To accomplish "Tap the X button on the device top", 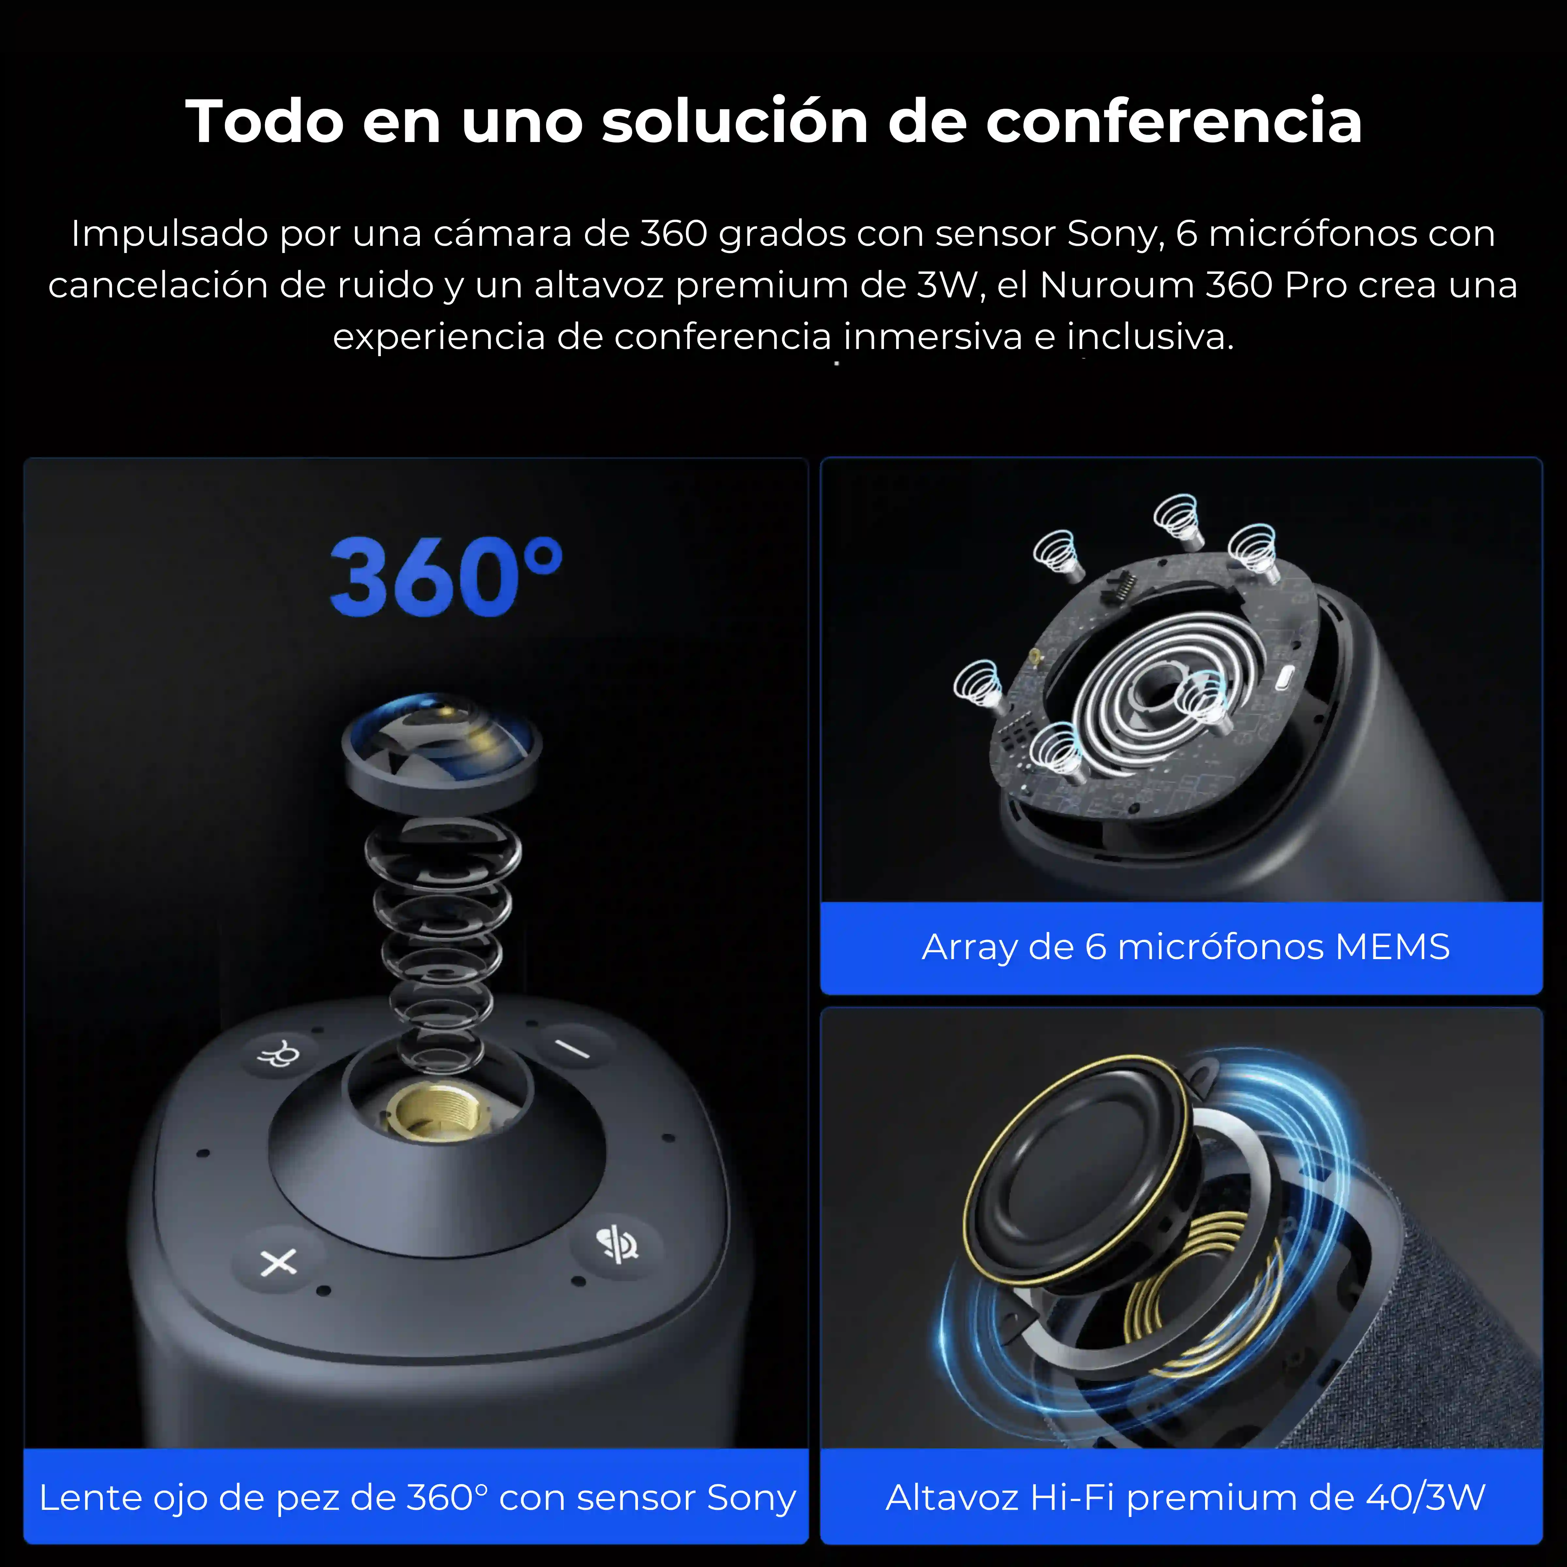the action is (278, 1262).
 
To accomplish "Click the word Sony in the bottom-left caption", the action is (751, 1497).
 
